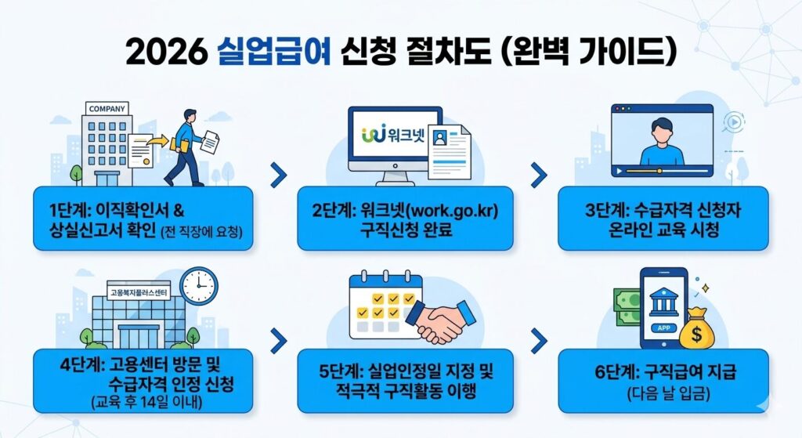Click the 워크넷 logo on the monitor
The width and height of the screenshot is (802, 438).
(390, 134)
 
